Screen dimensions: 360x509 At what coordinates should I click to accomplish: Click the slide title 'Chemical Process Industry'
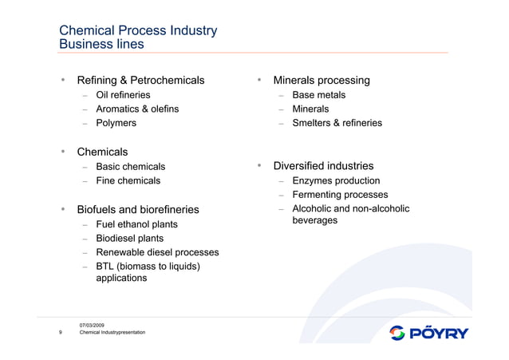click(138, 31)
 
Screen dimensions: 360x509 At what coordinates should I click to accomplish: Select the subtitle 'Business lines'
click(101, 45)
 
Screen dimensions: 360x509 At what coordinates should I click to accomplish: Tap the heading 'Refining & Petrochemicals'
click(140, 81)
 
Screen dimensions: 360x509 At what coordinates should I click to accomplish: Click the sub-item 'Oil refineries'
click(123, 95)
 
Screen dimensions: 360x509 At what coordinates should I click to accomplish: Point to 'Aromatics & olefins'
click(137, 109)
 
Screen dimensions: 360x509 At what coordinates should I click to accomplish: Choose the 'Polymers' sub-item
click(116, 124)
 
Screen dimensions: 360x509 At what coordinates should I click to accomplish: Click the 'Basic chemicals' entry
click(130, 167)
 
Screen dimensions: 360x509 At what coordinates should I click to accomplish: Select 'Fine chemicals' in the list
click(128, 181)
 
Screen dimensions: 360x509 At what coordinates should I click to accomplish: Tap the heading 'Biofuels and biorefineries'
click(137, 210)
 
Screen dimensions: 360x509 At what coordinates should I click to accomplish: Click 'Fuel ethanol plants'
click(136, 224)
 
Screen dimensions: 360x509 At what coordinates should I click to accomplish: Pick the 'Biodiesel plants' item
click(129, 239)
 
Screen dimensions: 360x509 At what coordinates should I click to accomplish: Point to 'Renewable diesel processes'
click(157, 253)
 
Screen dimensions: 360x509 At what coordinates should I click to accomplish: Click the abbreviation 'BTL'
click(105, 267)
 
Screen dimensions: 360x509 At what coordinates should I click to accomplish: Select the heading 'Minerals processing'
click(322, 81)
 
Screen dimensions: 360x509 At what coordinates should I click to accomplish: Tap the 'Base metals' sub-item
click(319, 95)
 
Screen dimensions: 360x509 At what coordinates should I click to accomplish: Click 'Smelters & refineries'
click(337, 124)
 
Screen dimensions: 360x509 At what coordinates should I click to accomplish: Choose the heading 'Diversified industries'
click(323, 167)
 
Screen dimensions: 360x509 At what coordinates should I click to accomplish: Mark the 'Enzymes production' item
click(336, 181)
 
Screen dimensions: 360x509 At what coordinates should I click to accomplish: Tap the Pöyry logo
click(429, 333)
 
